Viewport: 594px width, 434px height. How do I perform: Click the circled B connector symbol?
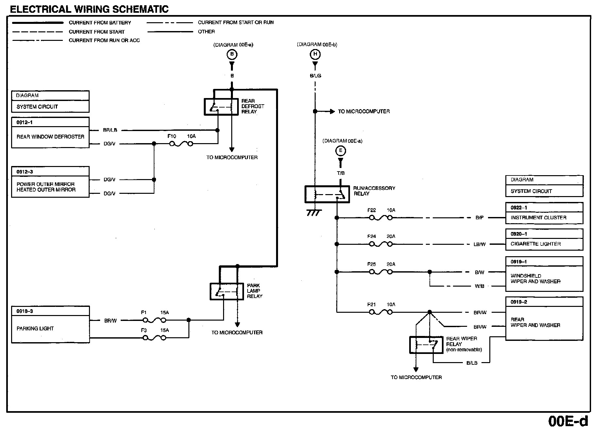click(x=232, y=54)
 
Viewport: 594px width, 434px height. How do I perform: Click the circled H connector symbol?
click(x=315, y=54)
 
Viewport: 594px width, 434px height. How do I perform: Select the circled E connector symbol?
click(x=341, y=151)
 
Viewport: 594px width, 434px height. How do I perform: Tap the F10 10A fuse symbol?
click(x=181, y=144)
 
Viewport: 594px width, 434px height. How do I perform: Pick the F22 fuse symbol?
click(x=381, y=218)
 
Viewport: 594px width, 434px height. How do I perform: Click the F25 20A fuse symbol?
click(x=381, y=272)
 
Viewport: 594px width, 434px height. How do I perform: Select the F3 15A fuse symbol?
click(x=154, y=338)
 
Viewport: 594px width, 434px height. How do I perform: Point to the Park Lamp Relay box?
click(x=227, y=291)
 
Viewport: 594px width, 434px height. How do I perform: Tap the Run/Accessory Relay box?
click(x=327, y=194)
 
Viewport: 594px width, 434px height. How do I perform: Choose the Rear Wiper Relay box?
click(x=424, y=345)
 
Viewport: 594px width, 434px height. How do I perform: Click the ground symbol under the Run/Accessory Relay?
click(x=314, y=213)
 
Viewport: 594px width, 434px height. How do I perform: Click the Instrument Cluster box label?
click(x=538, y=218)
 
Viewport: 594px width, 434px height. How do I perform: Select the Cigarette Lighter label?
click(x=535, y=244)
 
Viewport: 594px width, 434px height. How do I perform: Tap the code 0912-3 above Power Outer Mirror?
click(x=25, y=172)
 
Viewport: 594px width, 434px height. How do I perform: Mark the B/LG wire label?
click(x=315, y=75)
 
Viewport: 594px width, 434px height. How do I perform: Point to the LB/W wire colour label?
click(x=480, y=244)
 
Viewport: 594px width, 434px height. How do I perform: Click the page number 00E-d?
click(x=568, y=421)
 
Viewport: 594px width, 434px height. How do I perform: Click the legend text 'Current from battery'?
click(x=100, y=23)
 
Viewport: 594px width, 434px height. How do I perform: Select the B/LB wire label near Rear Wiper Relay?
click(x=472, y=363)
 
